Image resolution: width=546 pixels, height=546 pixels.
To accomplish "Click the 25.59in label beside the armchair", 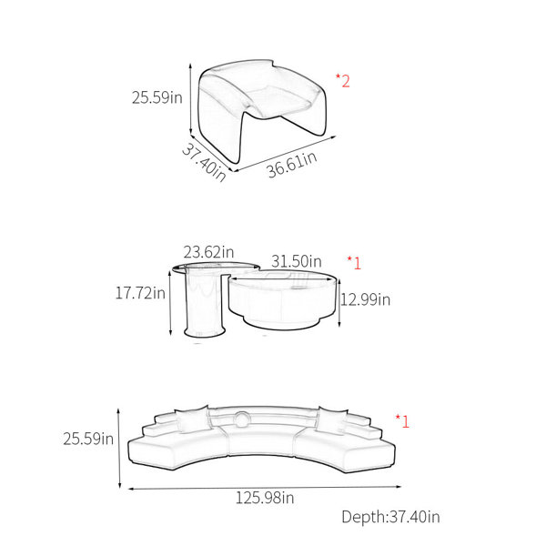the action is [x=157, y=97].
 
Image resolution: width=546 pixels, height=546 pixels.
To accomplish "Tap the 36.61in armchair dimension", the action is [x=292, y=165].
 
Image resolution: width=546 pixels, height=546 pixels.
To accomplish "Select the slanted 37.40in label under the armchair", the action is [x=204, y=162].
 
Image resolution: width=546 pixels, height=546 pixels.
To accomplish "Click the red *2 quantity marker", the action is [x=343, y=81].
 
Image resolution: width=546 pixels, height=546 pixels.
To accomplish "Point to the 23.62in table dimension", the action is [x=208, y=252].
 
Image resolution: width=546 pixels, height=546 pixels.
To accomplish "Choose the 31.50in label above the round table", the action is [x=297, y=261].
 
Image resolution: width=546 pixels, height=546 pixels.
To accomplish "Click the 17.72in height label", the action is [x=140, y=293].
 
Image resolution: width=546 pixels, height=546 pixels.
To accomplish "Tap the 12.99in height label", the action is [x=365, y=299].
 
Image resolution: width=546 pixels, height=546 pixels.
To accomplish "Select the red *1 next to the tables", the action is [x=354, y=263].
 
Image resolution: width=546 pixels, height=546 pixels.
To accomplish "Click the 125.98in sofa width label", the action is [x=265, y=498].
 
